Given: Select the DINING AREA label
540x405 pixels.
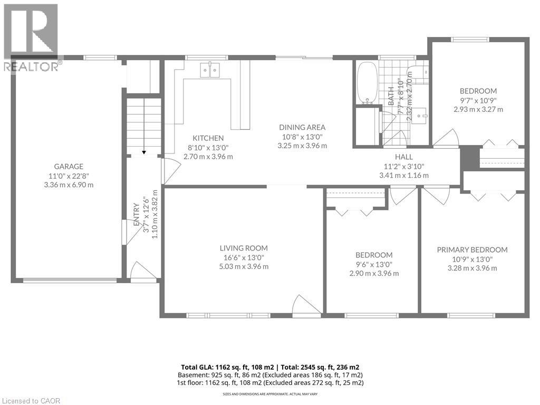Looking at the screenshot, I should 302,127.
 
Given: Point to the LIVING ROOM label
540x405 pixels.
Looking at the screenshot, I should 244,248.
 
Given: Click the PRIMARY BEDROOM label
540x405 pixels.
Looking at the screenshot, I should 472,249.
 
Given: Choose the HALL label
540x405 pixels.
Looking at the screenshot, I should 403,157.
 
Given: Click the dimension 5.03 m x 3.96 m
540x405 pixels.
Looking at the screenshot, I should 244,266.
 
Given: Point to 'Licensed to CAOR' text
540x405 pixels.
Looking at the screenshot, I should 31,401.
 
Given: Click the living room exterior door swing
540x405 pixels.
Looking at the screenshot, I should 304,306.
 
